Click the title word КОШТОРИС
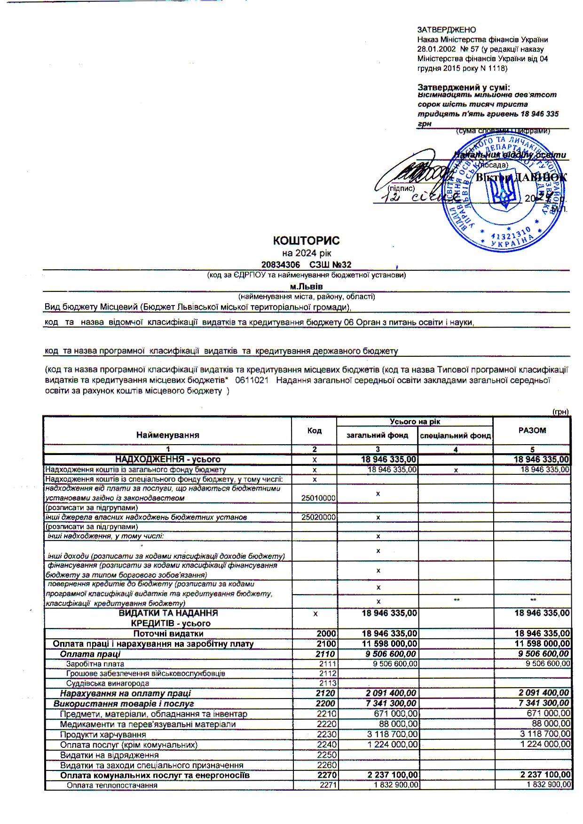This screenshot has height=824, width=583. pyautogui.click(x=306, y=241)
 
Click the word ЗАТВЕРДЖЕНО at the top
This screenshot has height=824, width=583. pyautogui.click(x=446, y=30)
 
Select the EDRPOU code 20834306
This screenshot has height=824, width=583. pyautogui.click(x=280, y=265)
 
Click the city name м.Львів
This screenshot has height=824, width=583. pyautogui.click(x=307, y=286)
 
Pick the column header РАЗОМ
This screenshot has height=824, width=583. pyautogui.click(x=532, y=430)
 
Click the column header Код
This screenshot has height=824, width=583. pyautogui.click(x=314, y=431)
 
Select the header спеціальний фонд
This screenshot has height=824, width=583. pyautogui.click(x=455, y=436)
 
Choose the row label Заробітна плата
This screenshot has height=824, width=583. pyautogui.click(x=95, y=664)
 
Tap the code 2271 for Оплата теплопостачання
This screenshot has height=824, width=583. pyautogui.click(x=327, y=785)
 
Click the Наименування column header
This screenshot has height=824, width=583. pyautogui.click(x=167, y=435)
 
